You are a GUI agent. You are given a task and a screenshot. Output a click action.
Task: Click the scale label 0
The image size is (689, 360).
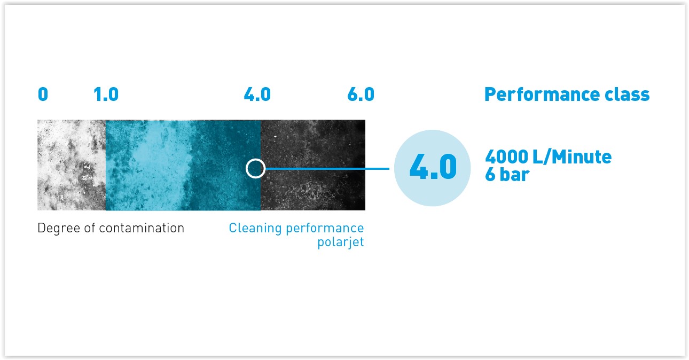[x=43, y=94]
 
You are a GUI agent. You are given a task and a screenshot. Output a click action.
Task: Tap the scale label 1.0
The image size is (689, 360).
[x=106, y=94]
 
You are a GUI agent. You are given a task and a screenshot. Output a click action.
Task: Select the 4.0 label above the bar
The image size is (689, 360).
[x=257, y=94]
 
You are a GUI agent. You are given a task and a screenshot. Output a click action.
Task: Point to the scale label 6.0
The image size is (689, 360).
[x=361, y=94]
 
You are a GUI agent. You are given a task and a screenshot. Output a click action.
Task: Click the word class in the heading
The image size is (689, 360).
[x=627, y=94]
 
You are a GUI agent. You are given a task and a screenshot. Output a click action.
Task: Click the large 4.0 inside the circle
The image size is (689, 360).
[x=433, y=167]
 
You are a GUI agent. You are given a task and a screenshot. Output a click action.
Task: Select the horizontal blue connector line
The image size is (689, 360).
[x=327, y=169]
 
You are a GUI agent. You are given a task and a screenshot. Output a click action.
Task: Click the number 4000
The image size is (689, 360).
[x=506, y=156]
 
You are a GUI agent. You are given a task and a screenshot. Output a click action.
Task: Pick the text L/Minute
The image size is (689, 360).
[x=572, y=156]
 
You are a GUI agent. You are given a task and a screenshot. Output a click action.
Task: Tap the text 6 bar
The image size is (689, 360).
[x=507, y=175]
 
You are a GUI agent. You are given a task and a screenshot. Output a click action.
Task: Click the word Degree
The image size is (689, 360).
[x=59, y=229]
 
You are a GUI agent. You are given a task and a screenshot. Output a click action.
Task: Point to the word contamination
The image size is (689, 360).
[x=142, y=228]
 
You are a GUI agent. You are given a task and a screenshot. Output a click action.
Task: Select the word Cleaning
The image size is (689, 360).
[x=255, y=229]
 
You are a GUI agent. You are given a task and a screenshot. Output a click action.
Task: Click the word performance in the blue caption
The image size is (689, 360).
[x=325, y=229]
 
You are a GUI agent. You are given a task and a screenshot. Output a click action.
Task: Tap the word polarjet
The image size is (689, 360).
[x=341, y=242]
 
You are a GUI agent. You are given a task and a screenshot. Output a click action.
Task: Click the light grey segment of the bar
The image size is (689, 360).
[x=72, y=165]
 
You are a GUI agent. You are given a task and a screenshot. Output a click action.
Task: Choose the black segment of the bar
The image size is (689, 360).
[x=313, y=165]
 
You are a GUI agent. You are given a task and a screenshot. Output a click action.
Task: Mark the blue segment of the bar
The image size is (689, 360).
[x=183, y=165]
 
